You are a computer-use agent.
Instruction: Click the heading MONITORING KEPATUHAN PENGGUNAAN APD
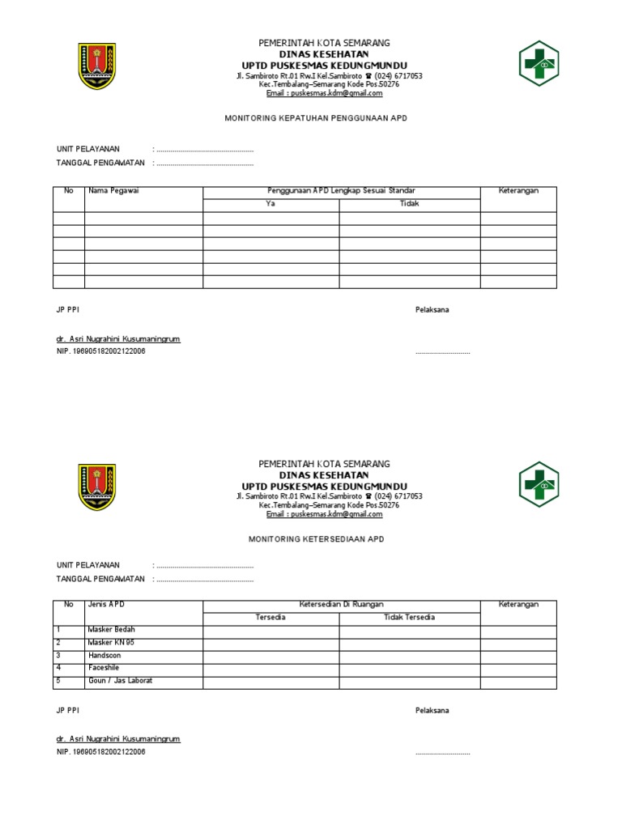[315, 118]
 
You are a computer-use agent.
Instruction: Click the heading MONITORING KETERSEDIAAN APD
[315, 538]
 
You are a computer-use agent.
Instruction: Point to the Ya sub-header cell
[271, 204]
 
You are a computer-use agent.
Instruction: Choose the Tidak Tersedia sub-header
[409, 618]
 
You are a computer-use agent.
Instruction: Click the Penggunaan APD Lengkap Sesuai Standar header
[341, 191]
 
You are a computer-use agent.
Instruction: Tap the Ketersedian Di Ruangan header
[341, 605]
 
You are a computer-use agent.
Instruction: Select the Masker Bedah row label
[112, 630]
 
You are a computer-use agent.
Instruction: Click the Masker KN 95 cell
[112, 643]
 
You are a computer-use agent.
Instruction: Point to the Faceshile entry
[104, 669]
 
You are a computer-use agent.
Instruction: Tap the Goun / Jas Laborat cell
[120, 681]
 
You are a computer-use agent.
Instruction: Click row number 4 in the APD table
[58, 669]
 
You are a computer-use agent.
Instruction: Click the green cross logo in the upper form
[539, 64]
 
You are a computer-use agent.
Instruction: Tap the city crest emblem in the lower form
[96, 487]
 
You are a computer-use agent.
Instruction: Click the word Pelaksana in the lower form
[432, 711]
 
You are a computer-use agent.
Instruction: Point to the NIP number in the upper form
[101, 351]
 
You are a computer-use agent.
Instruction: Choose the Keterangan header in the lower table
[518, 605]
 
